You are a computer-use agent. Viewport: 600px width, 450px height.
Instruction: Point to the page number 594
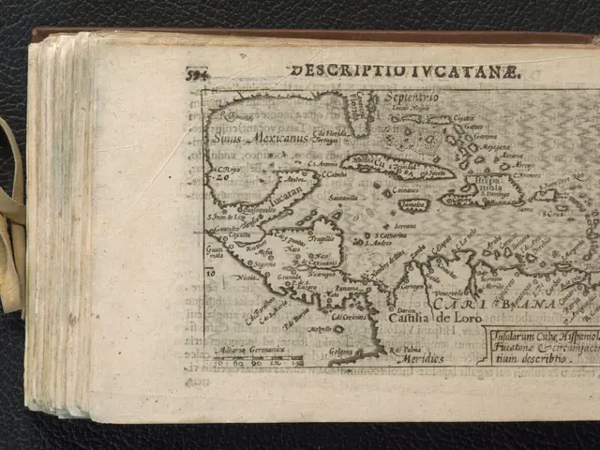[x=197, y=75]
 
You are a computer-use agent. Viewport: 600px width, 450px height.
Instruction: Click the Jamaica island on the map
[x=413, y=204]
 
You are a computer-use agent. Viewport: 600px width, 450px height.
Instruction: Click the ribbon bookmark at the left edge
[x=11, y=216]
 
